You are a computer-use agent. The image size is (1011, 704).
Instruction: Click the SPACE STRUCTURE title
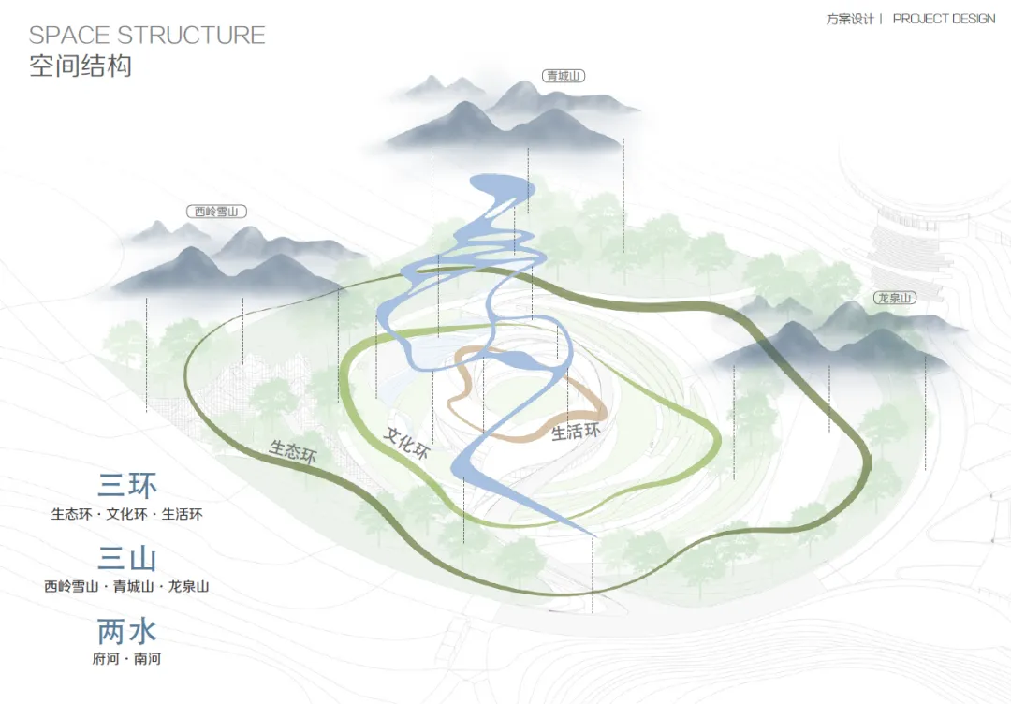[147, 36]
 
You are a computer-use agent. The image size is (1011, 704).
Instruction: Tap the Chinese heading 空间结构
[81, 66]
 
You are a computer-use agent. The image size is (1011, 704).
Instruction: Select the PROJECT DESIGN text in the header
[944, 19]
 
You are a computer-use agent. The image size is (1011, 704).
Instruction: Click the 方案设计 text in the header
[849, 19]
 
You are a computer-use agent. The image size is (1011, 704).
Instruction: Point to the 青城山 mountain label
[563, 76]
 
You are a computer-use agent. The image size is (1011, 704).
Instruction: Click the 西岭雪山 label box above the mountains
[215, 212]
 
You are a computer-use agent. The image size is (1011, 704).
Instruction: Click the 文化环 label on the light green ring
[406, 442]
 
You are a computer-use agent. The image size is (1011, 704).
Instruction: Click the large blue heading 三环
[127, 485]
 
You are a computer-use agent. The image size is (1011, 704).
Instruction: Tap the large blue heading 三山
[127, 559]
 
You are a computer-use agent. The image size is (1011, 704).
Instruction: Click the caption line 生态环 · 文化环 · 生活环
[127, 514]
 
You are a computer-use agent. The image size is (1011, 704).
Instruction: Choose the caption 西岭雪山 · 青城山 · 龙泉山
[127, 587]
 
